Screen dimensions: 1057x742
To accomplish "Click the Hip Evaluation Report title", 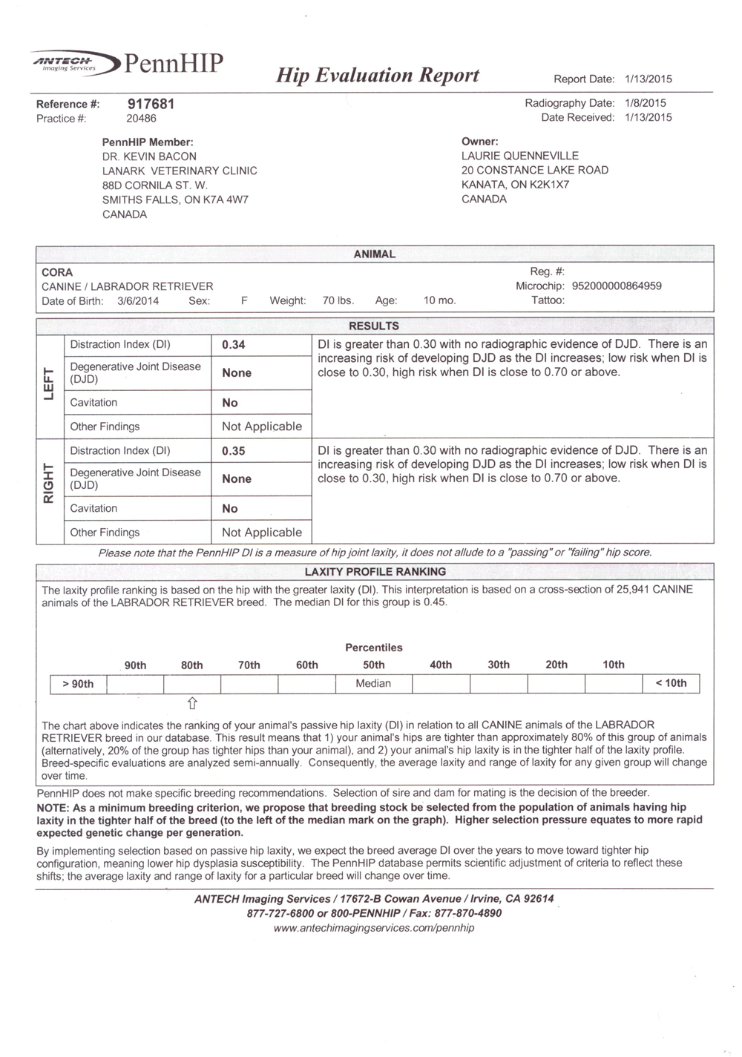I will click(378, 76).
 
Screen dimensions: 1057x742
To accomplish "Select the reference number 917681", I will click(151, 104).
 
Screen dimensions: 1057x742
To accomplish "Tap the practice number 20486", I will click(141, 119).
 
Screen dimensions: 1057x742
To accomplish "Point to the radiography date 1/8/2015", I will click(646, 103).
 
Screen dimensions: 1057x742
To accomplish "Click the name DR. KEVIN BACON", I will click(149, 157).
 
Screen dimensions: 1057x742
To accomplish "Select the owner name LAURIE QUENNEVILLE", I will click(519, 156).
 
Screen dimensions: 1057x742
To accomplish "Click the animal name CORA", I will click(57, 272).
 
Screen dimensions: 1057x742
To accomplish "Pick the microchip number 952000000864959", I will click(617, 286).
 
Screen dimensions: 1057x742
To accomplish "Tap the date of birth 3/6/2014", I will click(138, 301).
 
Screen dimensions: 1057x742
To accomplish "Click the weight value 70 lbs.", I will click(338, 301).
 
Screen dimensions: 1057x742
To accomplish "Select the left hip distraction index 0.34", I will click(234, 345).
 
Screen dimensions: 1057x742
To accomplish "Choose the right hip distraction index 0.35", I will click(234, 451).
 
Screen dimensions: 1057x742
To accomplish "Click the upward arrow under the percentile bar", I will click(192, 702).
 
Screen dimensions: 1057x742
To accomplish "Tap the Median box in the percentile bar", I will click(373, 683).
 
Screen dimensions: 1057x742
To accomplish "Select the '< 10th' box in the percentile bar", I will click(671, 683).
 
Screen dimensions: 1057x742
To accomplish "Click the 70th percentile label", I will click(249, 665).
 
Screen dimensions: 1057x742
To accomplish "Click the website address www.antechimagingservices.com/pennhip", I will click(374, 928).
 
